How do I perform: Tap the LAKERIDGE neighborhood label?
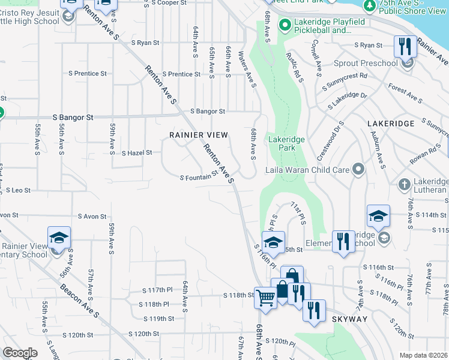coord(390,123)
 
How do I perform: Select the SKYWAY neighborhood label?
coord(350,320)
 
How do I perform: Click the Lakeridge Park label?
coord(286,143)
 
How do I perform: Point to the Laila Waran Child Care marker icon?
coord(358,170)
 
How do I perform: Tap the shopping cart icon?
coord(265,296)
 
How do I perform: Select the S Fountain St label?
coord(199,176)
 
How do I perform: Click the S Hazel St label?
coord(137,153)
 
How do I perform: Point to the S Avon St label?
coord(92,217)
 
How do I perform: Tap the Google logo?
coord(20,352)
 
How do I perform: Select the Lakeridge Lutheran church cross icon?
coord(405,184)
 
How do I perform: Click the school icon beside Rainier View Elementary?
coord(59,238)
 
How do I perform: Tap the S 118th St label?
coord(240,295)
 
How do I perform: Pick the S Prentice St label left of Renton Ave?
coord(88,74)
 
